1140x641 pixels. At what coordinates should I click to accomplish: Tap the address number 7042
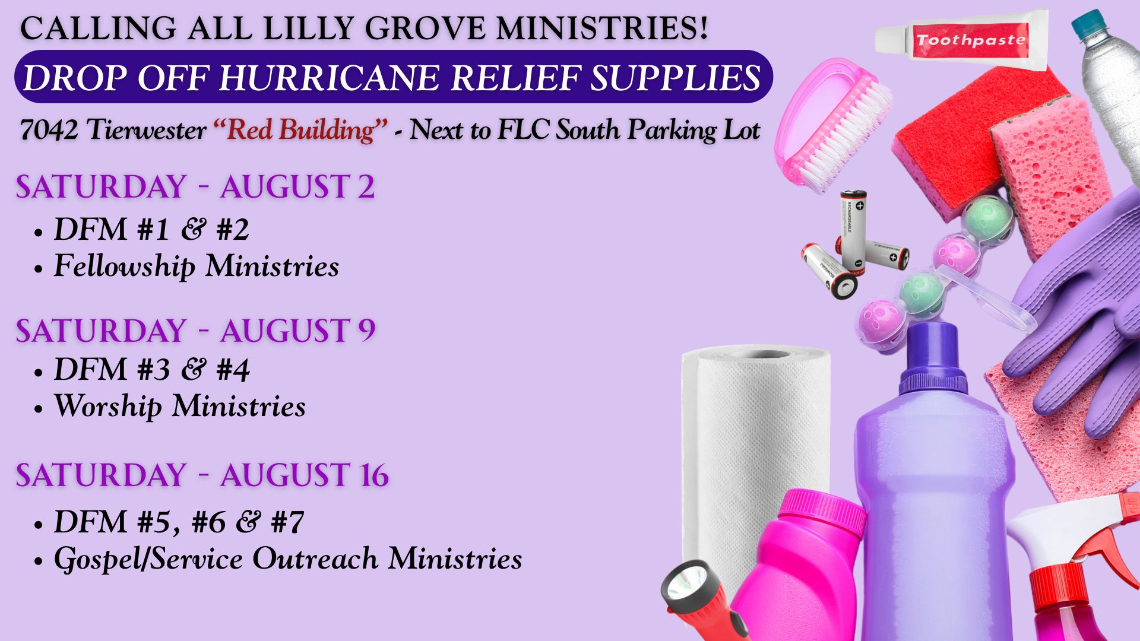[x=49, y=130]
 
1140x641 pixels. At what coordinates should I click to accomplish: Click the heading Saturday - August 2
[x=195, y=187]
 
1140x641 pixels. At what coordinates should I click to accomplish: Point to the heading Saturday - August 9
[x=195, y=331]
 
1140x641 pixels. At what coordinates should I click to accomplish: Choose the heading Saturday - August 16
[x=202, y=475]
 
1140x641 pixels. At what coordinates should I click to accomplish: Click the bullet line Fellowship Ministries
[x=197, y=266]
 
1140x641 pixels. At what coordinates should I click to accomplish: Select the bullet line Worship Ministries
[x=180, y=407]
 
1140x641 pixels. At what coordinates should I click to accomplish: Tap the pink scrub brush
[x=831, y=125]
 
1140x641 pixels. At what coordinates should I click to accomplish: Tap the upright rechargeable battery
[x=853, y=232]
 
